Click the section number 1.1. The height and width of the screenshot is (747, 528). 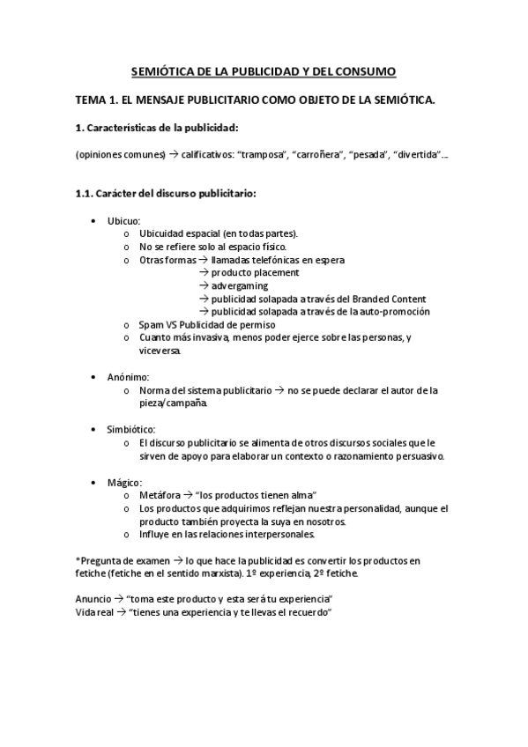coord(86,194)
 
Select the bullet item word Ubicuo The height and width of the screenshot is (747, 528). coord(123,220)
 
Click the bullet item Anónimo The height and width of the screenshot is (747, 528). coord(129,376)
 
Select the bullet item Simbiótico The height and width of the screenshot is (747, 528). coord(131,429)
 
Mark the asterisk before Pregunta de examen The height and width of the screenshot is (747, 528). coord(78,560)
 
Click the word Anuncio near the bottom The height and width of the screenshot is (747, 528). coord(94,599)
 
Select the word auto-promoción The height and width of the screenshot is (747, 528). coord(395,311)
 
